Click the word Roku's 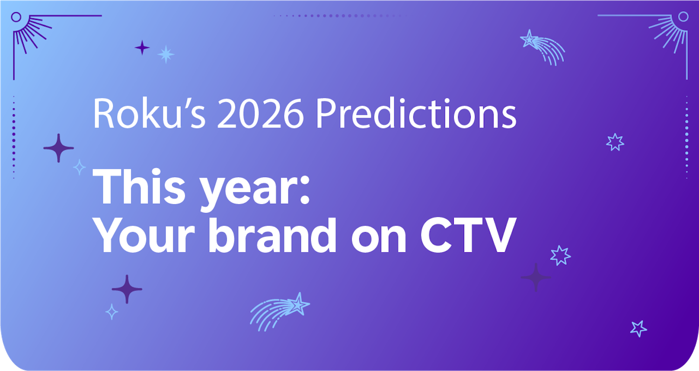point(148,114)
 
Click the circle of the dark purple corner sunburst point(16,17)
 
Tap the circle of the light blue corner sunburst point(683,17)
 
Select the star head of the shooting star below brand point(298,304)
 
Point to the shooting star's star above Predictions point(529,39)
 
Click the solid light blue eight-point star point(165,55)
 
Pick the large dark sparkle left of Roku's point(58,148)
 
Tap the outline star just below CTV point(560,255)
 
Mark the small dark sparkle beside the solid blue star point(142,47)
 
